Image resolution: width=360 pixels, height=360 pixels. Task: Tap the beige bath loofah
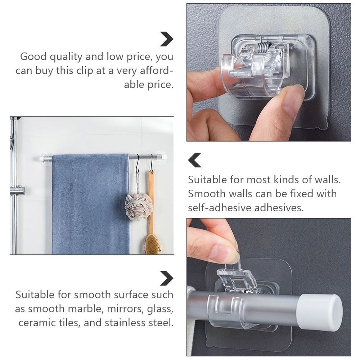point(139,206)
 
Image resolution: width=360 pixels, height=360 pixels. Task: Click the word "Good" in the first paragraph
point(33,57)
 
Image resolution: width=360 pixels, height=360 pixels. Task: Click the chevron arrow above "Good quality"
point(167,39)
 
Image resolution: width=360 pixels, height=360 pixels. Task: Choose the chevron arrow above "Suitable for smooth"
point(167,278)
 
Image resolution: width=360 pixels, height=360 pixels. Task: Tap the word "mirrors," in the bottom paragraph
point(126,309)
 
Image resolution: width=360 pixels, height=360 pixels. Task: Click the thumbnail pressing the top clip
point(292,101)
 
